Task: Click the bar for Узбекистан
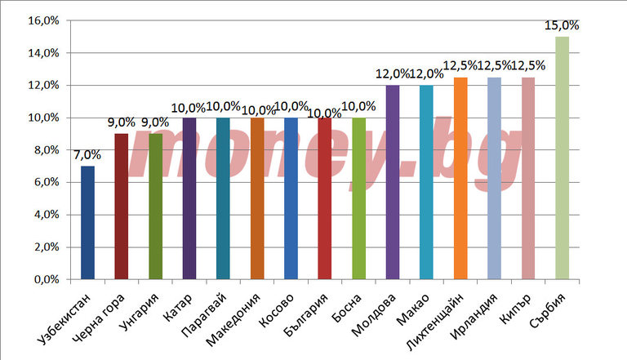(87, 223)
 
